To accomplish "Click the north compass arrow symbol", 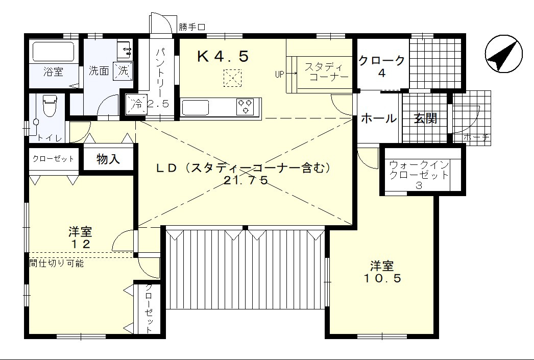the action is [x=504, y=54].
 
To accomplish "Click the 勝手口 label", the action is [x=192, y=27].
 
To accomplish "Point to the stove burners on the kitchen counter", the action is [x=245, y=106].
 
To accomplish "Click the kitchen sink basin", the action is [x=196, y=107].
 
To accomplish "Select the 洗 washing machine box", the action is [x=123, y=71].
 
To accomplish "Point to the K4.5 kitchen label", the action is [x=223, y=57].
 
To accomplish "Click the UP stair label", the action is [x=279, y=74].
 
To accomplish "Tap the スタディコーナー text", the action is [x=326, y=71].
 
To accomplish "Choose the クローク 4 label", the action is [x=382, y=66].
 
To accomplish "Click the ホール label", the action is [x=378, y=118].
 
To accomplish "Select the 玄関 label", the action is [x=425, y=118].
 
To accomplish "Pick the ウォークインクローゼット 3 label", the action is [x=419, y=175].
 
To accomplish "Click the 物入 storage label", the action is [x=108, y=159].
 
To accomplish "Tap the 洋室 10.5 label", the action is [x=382, y=272].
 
